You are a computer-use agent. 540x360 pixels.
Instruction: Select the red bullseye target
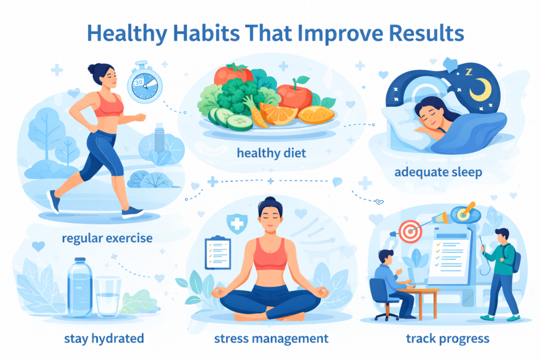tap(410, 231)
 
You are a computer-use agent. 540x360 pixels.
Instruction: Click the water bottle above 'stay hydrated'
tap(80, 287)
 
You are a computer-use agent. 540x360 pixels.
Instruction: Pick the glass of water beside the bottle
tap(108, 296)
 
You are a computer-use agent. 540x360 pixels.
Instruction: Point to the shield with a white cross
tap(237, 223)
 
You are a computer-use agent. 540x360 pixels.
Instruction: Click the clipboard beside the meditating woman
tap(218, 253)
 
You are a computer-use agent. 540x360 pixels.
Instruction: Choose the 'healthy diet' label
tap(272, 153)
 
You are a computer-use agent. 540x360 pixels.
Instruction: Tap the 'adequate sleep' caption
tap(438, 172)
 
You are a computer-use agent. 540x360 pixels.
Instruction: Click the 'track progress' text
tap(447, 339)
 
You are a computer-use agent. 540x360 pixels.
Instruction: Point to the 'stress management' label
tap(272, 339)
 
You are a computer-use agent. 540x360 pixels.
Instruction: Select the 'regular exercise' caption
tap(107, 238)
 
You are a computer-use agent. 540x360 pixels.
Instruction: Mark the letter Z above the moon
tap(469, 72)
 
